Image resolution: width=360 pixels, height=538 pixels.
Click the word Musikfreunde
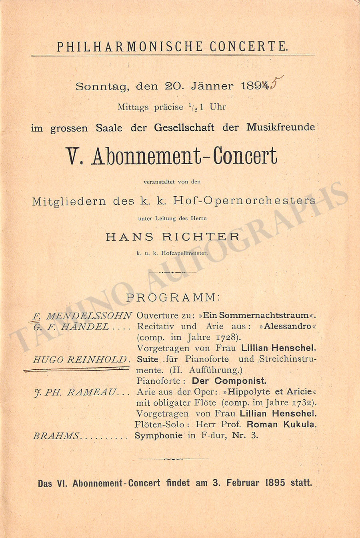280,128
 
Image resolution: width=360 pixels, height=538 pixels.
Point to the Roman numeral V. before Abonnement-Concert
74,155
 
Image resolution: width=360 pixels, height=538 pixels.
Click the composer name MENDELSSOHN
89,316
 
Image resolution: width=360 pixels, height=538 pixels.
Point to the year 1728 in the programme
228,337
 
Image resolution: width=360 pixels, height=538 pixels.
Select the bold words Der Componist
229,381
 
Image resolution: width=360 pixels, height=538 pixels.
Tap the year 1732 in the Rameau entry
304,403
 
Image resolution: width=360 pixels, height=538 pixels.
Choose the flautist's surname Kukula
300,424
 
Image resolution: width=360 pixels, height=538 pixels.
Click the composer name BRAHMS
56,436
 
